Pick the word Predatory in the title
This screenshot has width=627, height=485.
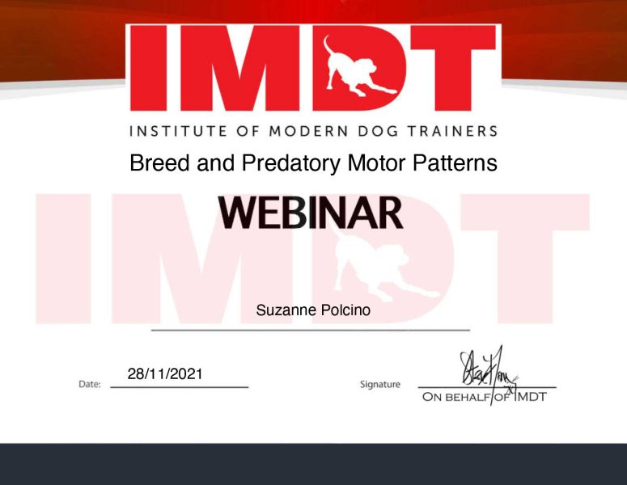pos(290,163)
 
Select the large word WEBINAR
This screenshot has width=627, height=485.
pos(311,213)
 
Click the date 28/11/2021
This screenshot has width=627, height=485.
pos(165,374)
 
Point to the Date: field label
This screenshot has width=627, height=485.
pos(90,384)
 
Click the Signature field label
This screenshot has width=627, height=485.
pos(380,384)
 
